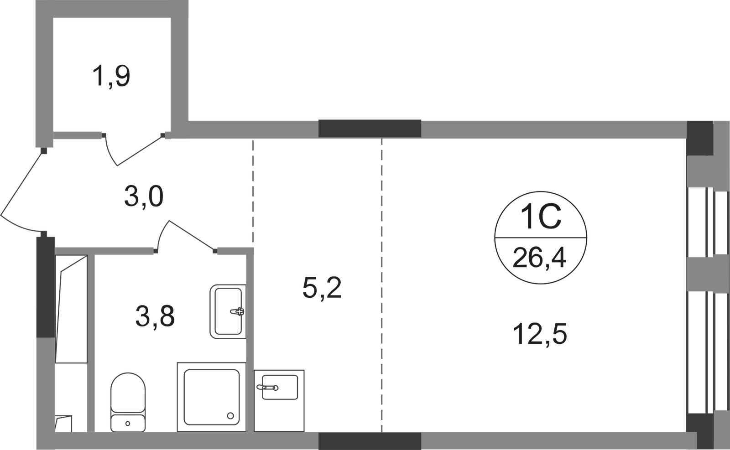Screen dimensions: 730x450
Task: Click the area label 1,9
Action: point(111,76)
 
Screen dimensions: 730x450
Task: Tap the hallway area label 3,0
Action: point(143,197)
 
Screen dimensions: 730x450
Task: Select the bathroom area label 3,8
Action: point(155,316)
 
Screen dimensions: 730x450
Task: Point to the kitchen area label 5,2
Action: point(322,289)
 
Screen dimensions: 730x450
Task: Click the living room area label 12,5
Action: point(540,334)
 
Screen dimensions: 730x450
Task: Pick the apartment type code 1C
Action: point(541,217)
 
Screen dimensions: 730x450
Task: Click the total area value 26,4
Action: point(539,257)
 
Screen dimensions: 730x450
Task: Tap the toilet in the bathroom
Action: point(128,402)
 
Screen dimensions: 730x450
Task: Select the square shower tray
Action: point(212,397)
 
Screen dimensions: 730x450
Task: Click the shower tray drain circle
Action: point(230,415)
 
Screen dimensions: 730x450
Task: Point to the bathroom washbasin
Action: point(228,311)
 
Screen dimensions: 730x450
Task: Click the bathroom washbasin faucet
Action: point(237,311)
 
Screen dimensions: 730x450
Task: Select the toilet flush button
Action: point(127,424)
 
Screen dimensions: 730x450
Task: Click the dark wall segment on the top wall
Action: point(370,129)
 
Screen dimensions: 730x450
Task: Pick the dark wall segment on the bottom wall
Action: point(370,441)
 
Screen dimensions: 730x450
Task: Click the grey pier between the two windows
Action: point(708,275)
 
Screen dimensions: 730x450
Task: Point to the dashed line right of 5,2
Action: point(382,285)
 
